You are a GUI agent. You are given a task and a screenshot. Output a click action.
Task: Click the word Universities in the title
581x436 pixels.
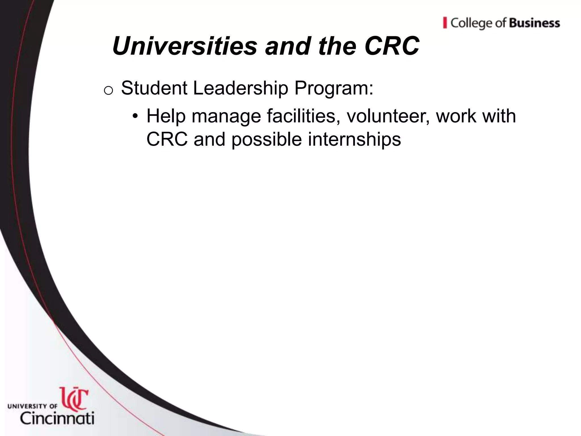(184, 46)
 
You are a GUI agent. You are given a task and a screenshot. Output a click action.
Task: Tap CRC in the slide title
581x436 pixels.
(392, 46)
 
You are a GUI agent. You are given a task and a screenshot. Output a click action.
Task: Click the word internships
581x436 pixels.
(354, 140)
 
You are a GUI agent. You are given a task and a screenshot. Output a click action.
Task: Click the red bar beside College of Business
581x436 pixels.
(445, 23)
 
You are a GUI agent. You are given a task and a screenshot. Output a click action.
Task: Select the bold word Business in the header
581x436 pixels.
(534, 23)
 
